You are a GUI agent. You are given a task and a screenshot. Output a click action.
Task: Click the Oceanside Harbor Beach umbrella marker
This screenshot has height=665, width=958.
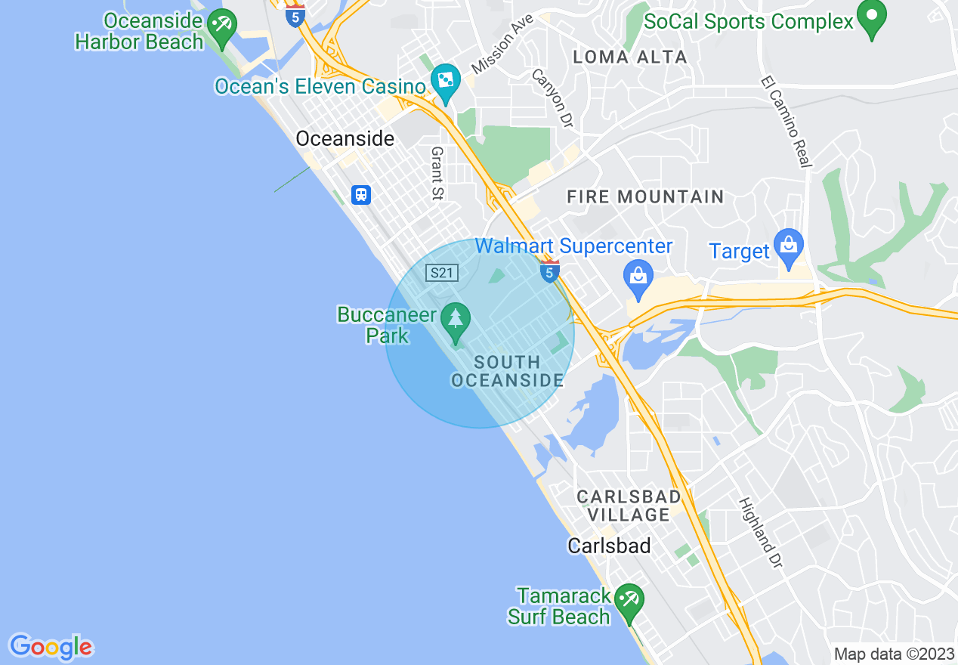tap(222, 26)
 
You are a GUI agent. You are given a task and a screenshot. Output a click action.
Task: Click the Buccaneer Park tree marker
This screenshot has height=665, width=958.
tap(455, 322)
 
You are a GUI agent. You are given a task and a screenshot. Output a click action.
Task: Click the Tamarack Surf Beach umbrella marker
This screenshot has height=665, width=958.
tap(628, 602)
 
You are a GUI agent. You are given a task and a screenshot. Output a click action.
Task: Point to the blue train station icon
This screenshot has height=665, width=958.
tap(361, 195)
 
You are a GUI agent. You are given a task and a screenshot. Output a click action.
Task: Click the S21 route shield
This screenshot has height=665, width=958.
tap(441, 273)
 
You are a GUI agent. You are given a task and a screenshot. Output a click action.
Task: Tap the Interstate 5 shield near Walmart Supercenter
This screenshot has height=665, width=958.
tap(550, 272)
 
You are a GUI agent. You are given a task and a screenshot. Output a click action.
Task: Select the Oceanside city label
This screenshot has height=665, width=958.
tap(345, 139)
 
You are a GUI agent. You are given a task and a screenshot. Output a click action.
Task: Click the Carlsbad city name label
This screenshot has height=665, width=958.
tap(609, 546)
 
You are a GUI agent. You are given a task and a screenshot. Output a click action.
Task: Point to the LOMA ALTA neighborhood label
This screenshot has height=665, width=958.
tap(629, 57)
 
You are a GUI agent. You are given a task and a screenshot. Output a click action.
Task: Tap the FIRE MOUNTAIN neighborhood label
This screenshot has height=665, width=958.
tap(645, 197)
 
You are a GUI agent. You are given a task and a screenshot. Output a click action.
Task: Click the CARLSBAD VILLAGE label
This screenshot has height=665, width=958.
tap(629, 506)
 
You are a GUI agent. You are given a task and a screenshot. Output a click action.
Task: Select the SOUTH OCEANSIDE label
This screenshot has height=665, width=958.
tap(507, 371)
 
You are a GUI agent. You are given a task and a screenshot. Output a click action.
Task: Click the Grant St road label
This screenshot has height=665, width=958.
tap(437, 174)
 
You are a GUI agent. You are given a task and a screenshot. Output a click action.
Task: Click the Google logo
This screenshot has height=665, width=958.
tap(51, 647)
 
